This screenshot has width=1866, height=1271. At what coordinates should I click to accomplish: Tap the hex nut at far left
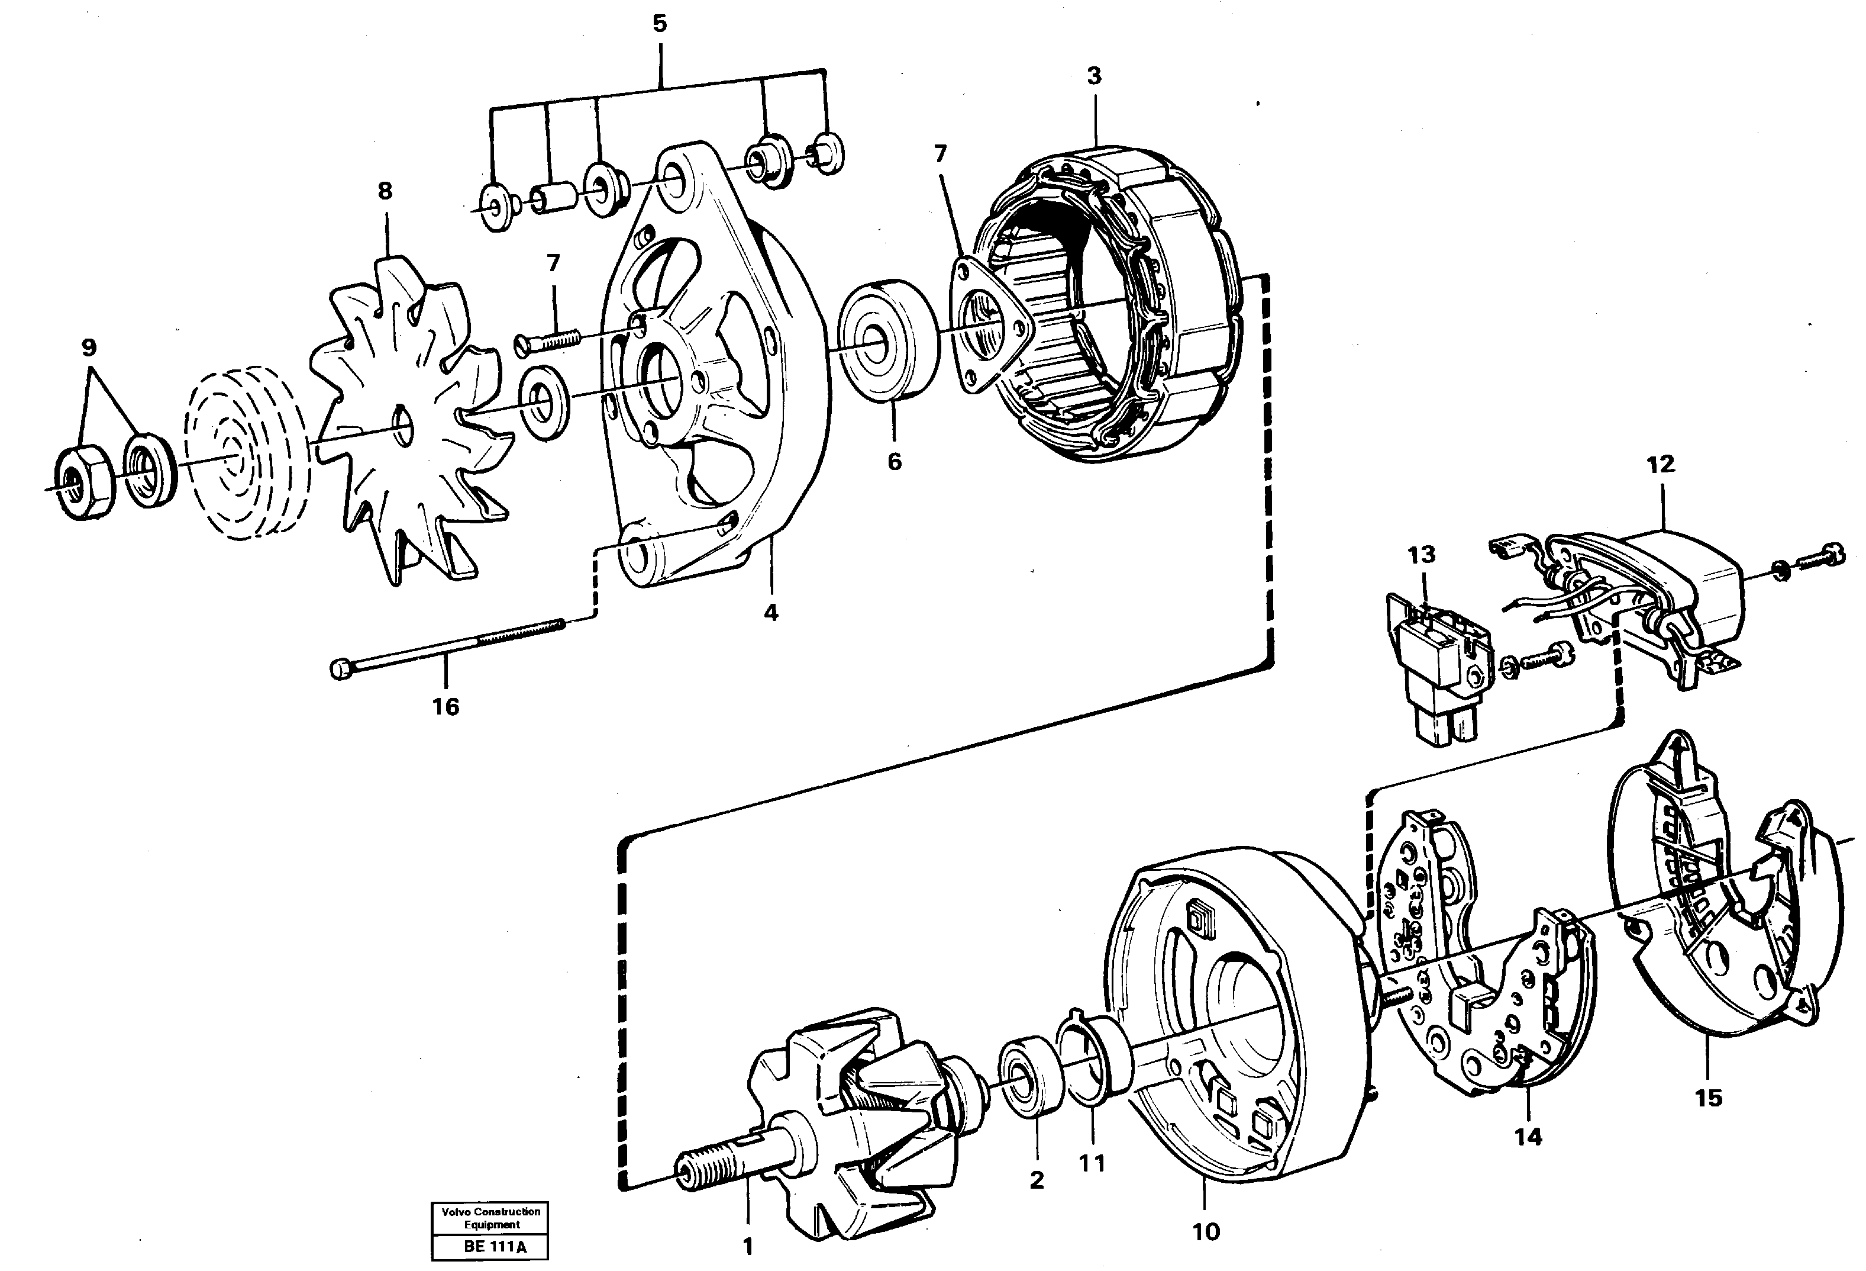[x=83, y=482]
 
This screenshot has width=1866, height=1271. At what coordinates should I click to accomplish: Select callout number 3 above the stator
[x=1093, y=76]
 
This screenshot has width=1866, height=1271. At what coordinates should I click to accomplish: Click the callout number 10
[x=1206, y=1231]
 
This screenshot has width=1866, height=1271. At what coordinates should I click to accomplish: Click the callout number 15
[x=1709, y=1098]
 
